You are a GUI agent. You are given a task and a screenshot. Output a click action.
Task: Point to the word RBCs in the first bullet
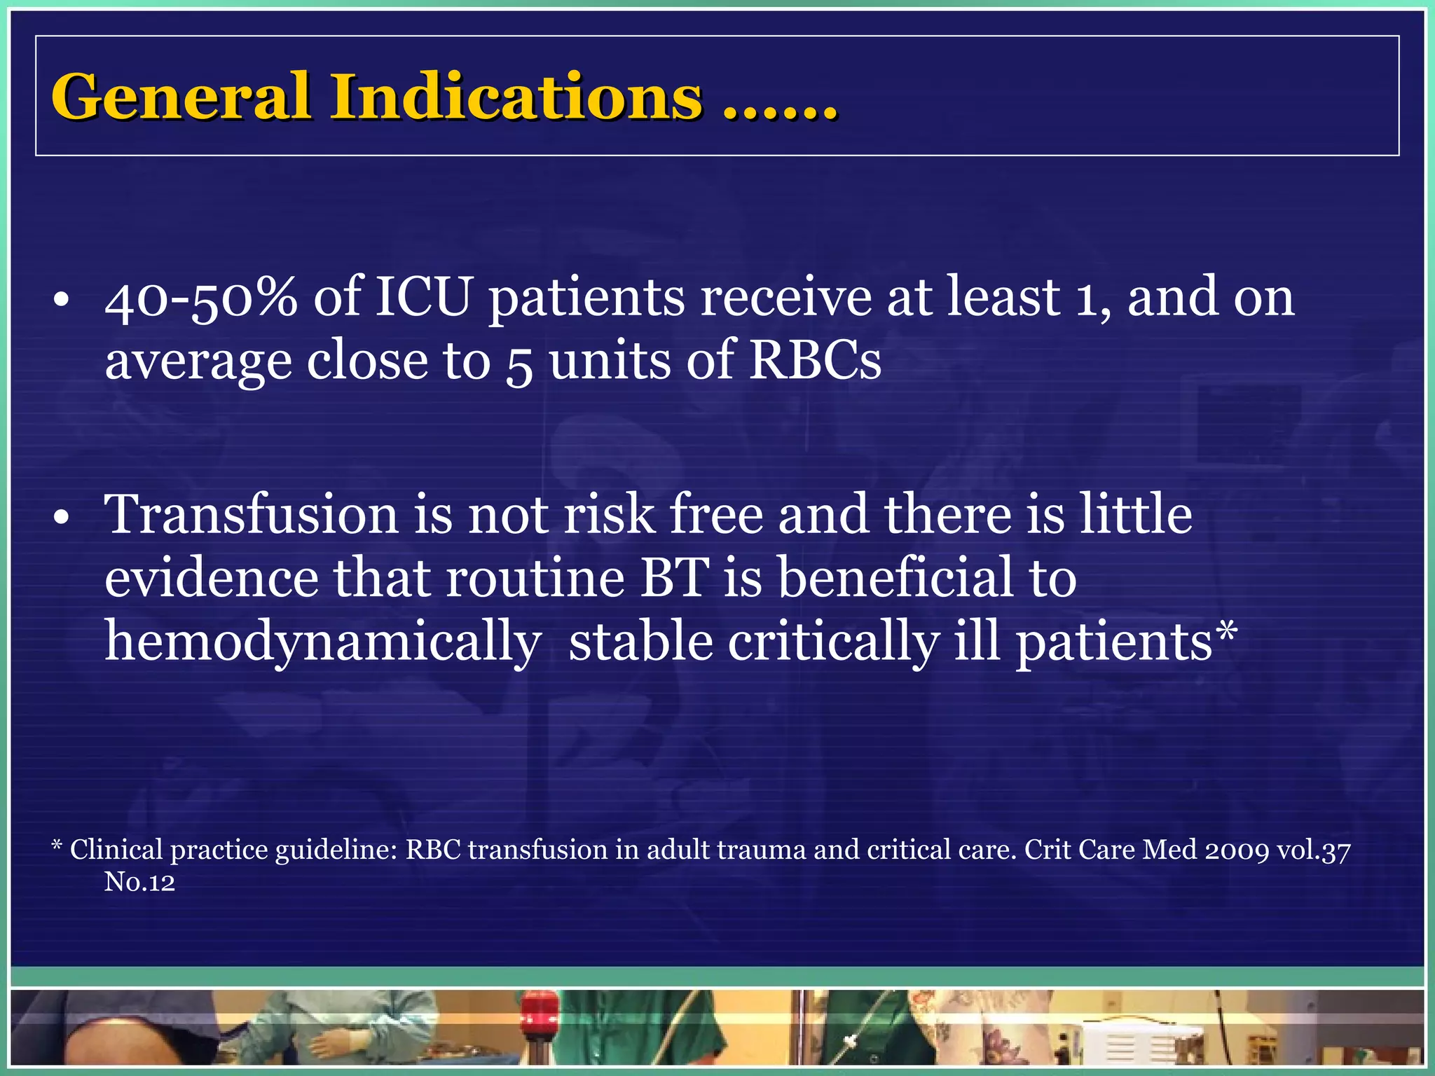(x=815, y=361)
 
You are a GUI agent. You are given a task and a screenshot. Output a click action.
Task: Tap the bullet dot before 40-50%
(x=62, y=301)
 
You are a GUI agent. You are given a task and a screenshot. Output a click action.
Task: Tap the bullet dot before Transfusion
(x=62, y=518)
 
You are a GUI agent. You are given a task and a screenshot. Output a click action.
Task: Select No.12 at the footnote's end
(x=139, y=882)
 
